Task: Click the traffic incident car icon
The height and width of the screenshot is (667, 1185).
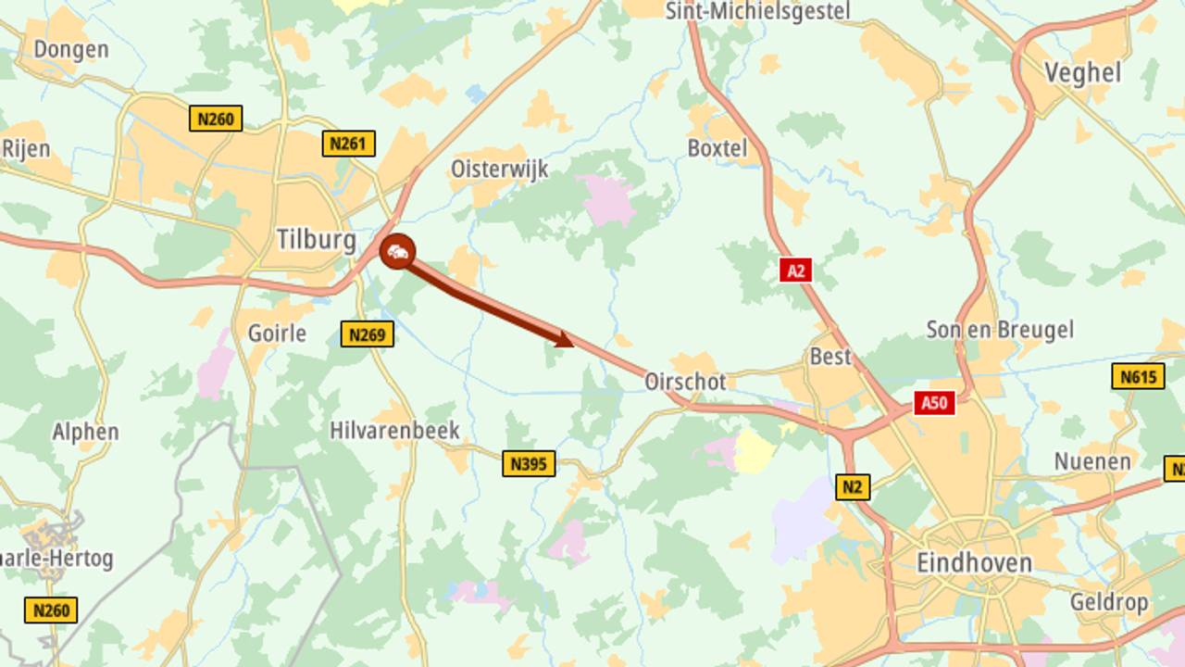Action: (397, 252)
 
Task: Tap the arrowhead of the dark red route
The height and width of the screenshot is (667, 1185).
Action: (564, 339)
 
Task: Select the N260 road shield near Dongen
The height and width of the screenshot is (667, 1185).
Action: (216, 119)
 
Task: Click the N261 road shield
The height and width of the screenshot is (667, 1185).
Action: (349, 144)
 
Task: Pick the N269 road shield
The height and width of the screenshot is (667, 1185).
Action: (367, 333)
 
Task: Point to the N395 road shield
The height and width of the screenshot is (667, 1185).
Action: (529, 463)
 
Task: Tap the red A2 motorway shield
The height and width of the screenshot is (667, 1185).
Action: (795, 271)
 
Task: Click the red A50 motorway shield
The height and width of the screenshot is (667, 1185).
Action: (934, 403)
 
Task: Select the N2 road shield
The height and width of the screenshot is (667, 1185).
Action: (853, 487)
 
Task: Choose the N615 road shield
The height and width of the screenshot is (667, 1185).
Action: (1138, 376)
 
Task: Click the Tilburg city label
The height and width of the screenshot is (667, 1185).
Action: (317, 241)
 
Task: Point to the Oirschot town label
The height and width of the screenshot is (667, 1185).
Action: (685, 381)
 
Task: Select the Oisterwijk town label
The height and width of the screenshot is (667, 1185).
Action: (499, 169)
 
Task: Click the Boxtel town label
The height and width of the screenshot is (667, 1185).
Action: (717, 147)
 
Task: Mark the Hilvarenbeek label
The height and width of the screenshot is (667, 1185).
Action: (394, 431)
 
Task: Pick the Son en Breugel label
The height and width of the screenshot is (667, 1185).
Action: (1000, 330)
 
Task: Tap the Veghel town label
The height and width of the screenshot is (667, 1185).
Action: (1082, 72)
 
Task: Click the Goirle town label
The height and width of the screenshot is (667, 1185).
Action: (277, 333)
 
